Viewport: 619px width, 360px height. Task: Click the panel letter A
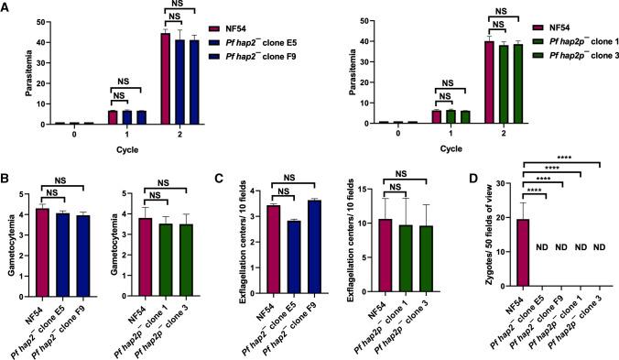tap(6, 6)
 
